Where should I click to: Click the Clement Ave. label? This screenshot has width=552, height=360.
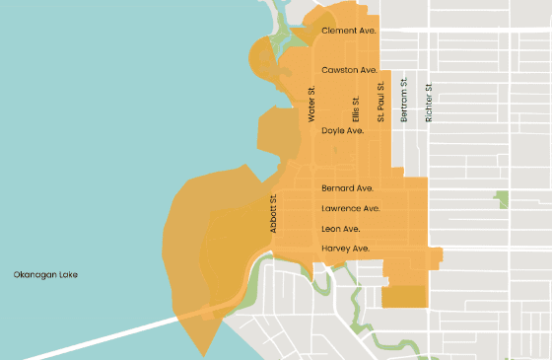(349, 32)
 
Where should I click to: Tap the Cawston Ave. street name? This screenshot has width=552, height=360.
(349, 71)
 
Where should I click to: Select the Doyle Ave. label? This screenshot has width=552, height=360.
(343, 130)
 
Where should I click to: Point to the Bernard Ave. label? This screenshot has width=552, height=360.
(347, 188)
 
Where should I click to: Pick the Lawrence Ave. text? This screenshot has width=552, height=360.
(350, 209)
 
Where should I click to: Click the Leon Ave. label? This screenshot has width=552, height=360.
(340, 229)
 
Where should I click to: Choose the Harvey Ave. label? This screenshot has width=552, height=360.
(345, 249)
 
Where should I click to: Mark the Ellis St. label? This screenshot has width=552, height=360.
(357, 108)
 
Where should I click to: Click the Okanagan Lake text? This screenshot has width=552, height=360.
(44, 274)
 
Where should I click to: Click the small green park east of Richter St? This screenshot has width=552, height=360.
(503, 198)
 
